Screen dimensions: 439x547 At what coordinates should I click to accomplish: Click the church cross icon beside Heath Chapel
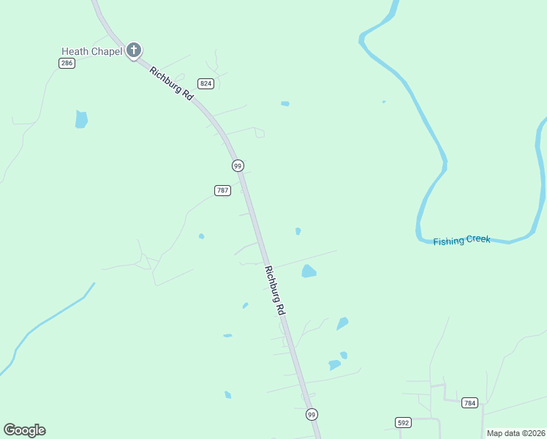coord(133,50)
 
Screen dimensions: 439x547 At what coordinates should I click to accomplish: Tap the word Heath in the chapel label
coord(75,51)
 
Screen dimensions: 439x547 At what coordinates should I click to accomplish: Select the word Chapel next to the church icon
coord(107,51)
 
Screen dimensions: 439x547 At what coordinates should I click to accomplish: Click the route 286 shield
coord(67,64)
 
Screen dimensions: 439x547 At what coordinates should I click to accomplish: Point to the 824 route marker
coord(205,84)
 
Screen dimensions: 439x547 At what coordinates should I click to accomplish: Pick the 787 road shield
coord(223,190)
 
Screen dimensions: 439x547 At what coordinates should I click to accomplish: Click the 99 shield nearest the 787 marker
coord(238,166)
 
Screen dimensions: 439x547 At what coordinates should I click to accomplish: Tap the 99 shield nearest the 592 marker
coord(312,414)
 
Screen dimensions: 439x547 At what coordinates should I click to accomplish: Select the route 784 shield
coord(470,402)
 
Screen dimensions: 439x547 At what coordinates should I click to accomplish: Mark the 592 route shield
coord(403,422)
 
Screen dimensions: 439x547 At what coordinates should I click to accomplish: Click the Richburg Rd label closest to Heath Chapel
coord(172,83)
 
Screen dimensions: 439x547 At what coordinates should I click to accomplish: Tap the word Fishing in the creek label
coord(449,241)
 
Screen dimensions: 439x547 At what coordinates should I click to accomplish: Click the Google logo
coord(24,430)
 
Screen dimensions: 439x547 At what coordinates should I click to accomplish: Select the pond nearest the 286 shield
coord(81,119)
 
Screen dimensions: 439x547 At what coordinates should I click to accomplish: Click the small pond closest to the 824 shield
coord(285,104)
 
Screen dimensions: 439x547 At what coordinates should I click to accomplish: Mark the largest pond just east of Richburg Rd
coord(309,271)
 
